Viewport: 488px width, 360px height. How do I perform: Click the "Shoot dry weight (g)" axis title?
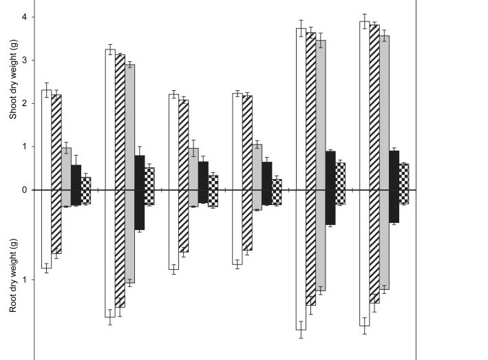pos(13,79)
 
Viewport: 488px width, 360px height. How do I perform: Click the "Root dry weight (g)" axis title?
pos(13,275)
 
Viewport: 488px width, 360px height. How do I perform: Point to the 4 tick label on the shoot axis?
pos(25,17)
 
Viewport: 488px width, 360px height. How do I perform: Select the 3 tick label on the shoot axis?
pos(25,60)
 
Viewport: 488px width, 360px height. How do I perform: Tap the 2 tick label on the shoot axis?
pos(25,103)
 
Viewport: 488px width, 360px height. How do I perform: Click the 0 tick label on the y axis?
pos(25,190)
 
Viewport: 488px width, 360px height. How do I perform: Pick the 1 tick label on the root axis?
pos(25,279)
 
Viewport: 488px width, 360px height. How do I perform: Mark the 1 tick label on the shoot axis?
pos(25,147)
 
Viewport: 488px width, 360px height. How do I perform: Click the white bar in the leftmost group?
pos(46,179)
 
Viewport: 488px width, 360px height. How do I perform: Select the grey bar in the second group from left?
pos(130,173)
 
